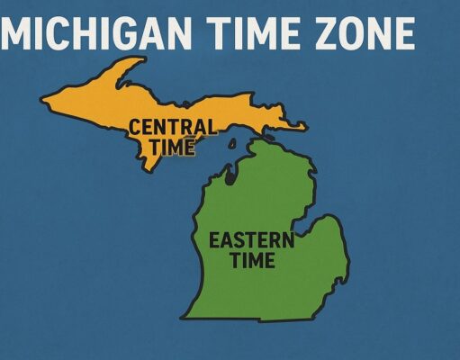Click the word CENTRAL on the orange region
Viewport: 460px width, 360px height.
(x=172, y=127)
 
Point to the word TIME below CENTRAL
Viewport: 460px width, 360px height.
(x=172, y=146)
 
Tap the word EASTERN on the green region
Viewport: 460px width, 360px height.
(x=251, y=240)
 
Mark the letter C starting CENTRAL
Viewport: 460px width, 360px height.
(x=135, y=127)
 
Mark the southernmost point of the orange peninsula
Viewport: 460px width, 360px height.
(x=144, y=171)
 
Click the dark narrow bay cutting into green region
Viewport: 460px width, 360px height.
(x=230, y=176)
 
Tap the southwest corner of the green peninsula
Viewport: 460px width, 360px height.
(x=185, y=317)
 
